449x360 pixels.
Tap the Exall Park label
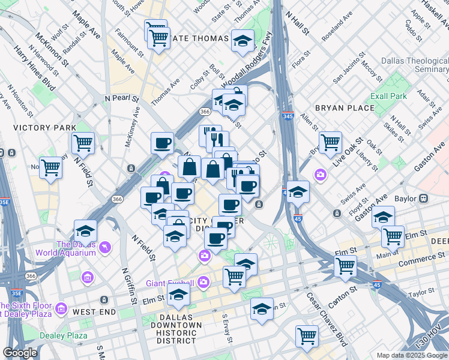pyautogui.click(x=389, y=96)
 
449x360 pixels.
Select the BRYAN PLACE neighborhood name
pyautogui.click(x=345, y=108)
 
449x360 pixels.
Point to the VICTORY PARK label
pyautogui.click(x=44, y=128)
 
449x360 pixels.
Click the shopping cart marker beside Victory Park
pyautogui.click(x=83, y=143)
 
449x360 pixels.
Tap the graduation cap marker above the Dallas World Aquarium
pyautogui.click(x=85, y=231)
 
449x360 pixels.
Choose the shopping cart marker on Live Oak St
pyautogui.click(x=330, y=143)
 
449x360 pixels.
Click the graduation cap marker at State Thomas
pyautogui.click(x=242, y=41)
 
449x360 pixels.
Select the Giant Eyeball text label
pyautogui.click(x=169, y=283)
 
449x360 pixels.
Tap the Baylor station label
pyautogui.click(x=407, y=198)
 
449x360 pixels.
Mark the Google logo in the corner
pyautogui.click(x=20, y=353)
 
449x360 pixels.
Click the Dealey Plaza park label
pyautogui.click(x=60, y=335)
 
